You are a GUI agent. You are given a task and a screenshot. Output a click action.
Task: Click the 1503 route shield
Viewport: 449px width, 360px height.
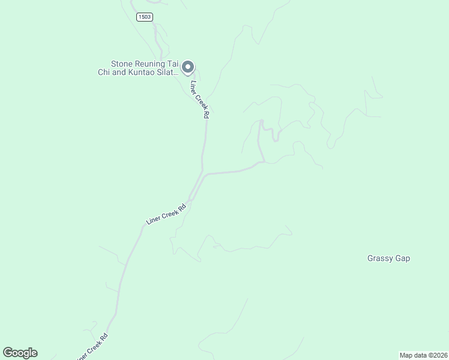[145, 17]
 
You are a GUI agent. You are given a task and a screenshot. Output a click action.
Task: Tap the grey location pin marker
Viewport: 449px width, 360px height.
[188, 68]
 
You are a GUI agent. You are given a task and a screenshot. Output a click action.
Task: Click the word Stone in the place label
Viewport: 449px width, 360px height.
[122, 64]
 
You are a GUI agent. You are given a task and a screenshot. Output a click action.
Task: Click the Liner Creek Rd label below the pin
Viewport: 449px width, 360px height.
[199, 99]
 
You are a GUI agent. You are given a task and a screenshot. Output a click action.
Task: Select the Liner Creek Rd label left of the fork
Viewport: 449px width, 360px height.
[166, 214]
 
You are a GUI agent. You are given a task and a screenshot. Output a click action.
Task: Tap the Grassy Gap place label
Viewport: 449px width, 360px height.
[388, 259]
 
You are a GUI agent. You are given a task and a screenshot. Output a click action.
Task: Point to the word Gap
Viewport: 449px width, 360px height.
[403, 259]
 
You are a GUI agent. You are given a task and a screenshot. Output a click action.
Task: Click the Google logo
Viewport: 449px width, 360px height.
[20, 353]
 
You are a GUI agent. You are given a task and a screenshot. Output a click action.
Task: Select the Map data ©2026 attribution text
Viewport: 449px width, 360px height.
[423, 355]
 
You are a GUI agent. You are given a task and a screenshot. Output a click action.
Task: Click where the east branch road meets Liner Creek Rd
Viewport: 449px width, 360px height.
[206, 175]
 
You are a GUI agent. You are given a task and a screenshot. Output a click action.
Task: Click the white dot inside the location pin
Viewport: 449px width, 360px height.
[188, 67]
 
